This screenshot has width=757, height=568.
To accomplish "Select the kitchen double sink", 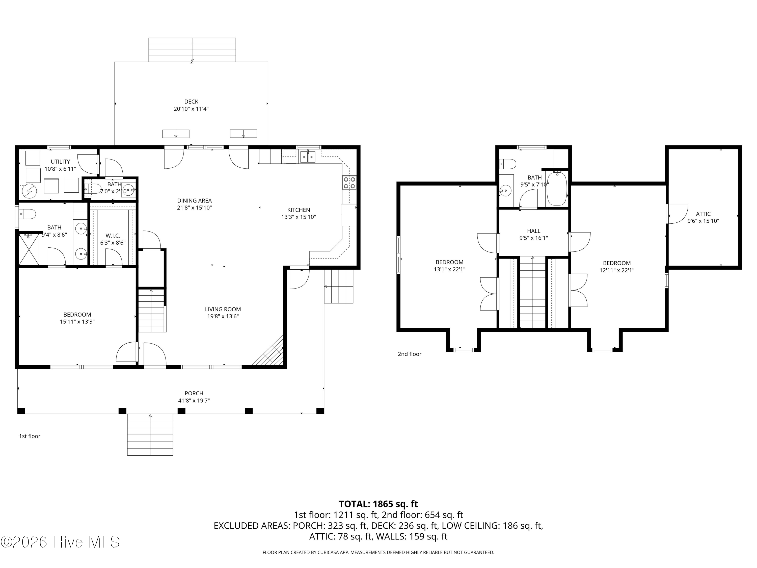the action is point(308,157).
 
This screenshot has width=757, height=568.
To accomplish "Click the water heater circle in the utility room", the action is point(30,191).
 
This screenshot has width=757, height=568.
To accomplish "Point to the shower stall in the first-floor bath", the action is point(29,249).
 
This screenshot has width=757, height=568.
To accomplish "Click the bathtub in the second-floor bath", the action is point(557,189).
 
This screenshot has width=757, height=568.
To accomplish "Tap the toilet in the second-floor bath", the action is point(508,164).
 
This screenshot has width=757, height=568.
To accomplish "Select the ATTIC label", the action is point(703,214).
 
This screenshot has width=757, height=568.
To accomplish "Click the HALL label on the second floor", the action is point(533,231).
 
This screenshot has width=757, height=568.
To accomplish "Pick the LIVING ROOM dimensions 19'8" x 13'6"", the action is point(223,316).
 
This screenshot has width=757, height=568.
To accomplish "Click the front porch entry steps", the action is point(150,435).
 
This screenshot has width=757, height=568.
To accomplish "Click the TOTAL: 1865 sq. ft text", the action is point(379,504).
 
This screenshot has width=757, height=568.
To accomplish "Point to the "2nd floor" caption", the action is point(410,354).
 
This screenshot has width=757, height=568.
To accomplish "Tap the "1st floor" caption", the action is point(30,436).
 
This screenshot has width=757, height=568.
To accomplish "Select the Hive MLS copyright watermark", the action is point(60,542).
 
